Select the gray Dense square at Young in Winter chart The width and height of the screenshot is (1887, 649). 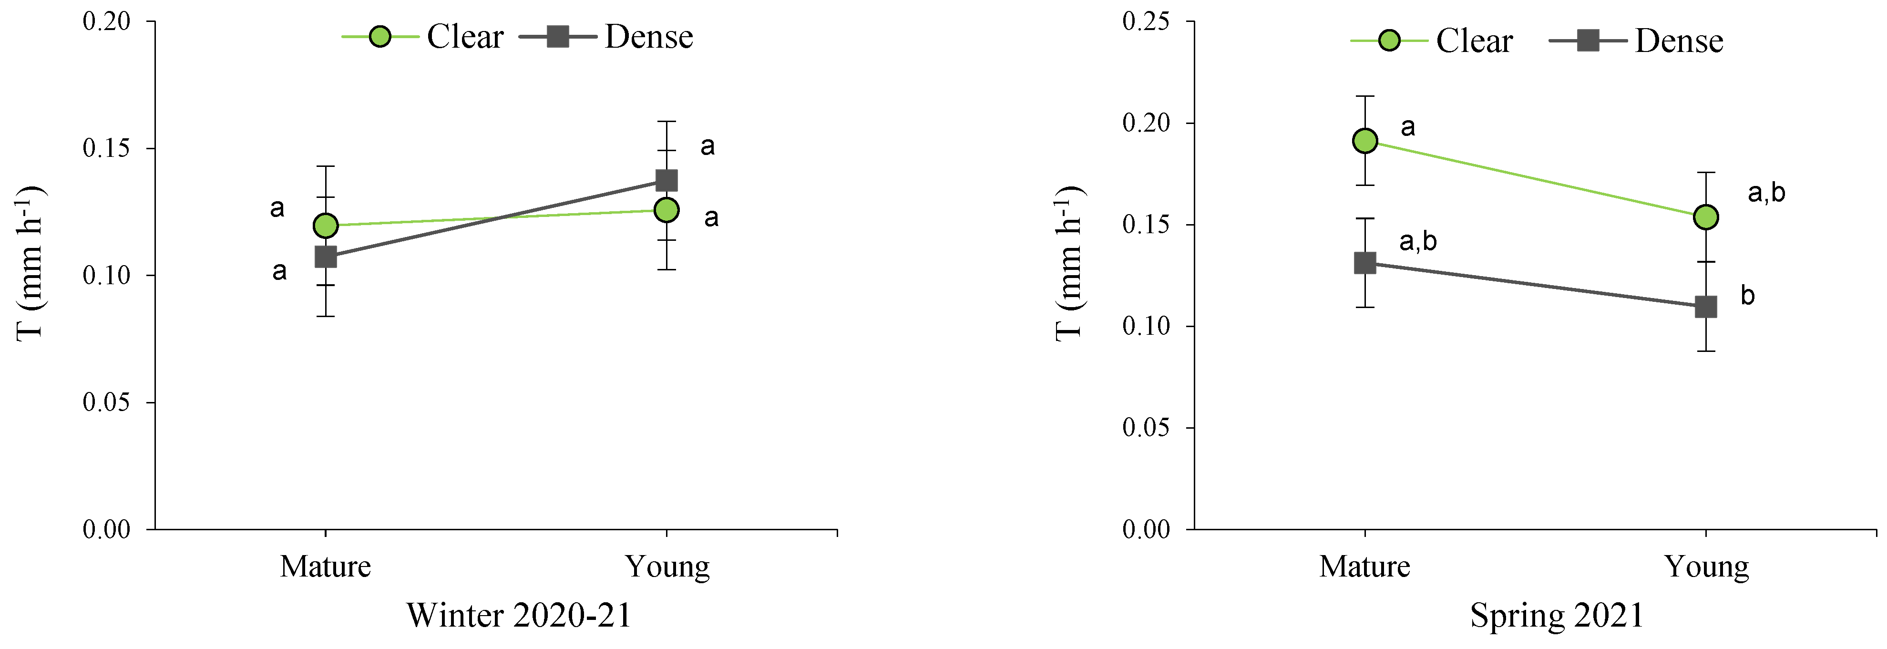coord(666,180)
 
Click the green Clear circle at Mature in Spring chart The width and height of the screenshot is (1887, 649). coord(1364,141)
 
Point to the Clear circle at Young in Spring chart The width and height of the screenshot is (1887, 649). coord(1706,217)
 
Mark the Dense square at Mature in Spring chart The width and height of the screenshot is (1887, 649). coord(1364,263)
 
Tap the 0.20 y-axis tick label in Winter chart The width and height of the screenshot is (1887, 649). coord(106,21)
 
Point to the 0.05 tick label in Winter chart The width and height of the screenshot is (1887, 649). coord(106,402)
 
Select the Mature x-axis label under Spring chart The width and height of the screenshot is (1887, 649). coord(1364,566)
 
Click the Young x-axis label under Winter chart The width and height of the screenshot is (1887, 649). coord(667,566)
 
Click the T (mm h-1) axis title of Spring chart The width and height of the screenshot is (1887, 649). coord(1069,263)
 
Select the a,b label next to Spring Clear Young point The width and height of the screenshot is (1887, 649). coord(1766,193)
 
